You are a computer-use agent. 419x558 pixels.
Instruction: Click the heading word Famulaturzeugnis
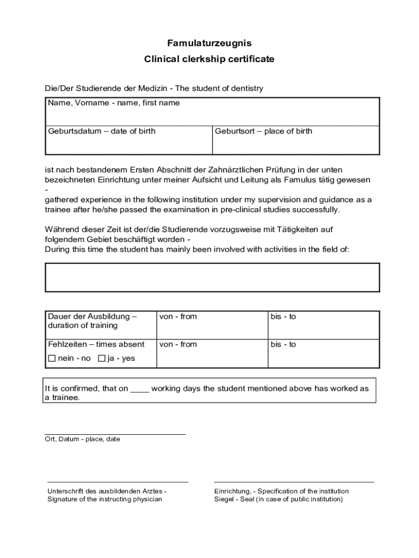point(209,43)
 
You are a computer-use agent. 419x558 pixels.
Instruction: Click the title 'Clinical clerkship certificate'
point(209,59)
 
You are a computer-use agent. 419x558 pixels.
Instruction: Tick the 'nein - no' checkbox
point(52,359)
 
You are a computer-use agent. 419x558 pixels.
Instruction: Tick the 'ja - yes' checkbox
point(102,359)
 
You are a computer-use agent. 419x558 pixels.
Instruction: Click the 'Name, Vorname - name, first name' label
point(114,103)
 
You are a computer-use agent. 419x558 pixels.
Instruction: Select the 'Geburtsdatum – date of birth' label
point(102,131)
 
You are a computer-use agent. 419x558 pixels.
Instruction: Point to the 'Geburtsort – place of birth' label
point(263,131)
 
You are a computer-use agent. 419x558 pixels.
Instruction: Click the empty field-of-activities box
point(212,277)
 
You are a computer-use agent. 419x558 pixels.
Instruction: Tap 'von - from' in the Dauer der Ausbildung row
point(178,317)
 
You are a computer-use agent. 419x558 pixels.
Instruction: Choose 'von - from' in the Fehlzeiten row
point(178,344)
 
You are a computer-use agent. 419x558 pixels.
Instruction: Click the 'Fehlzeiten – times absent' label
point(96,344)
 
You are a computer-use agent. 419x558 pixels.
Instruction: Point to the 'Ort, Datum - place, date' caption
point(82,439)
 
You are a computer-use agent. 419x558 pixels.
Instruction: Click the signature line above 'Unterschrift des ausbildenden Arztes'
point(118,482)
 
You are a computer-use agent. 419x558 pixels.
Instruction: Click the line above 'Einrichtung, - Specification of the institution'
point(294,482)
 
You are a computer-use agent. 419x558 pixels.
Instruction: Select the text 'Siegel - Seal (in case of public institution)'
point(279,499)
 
